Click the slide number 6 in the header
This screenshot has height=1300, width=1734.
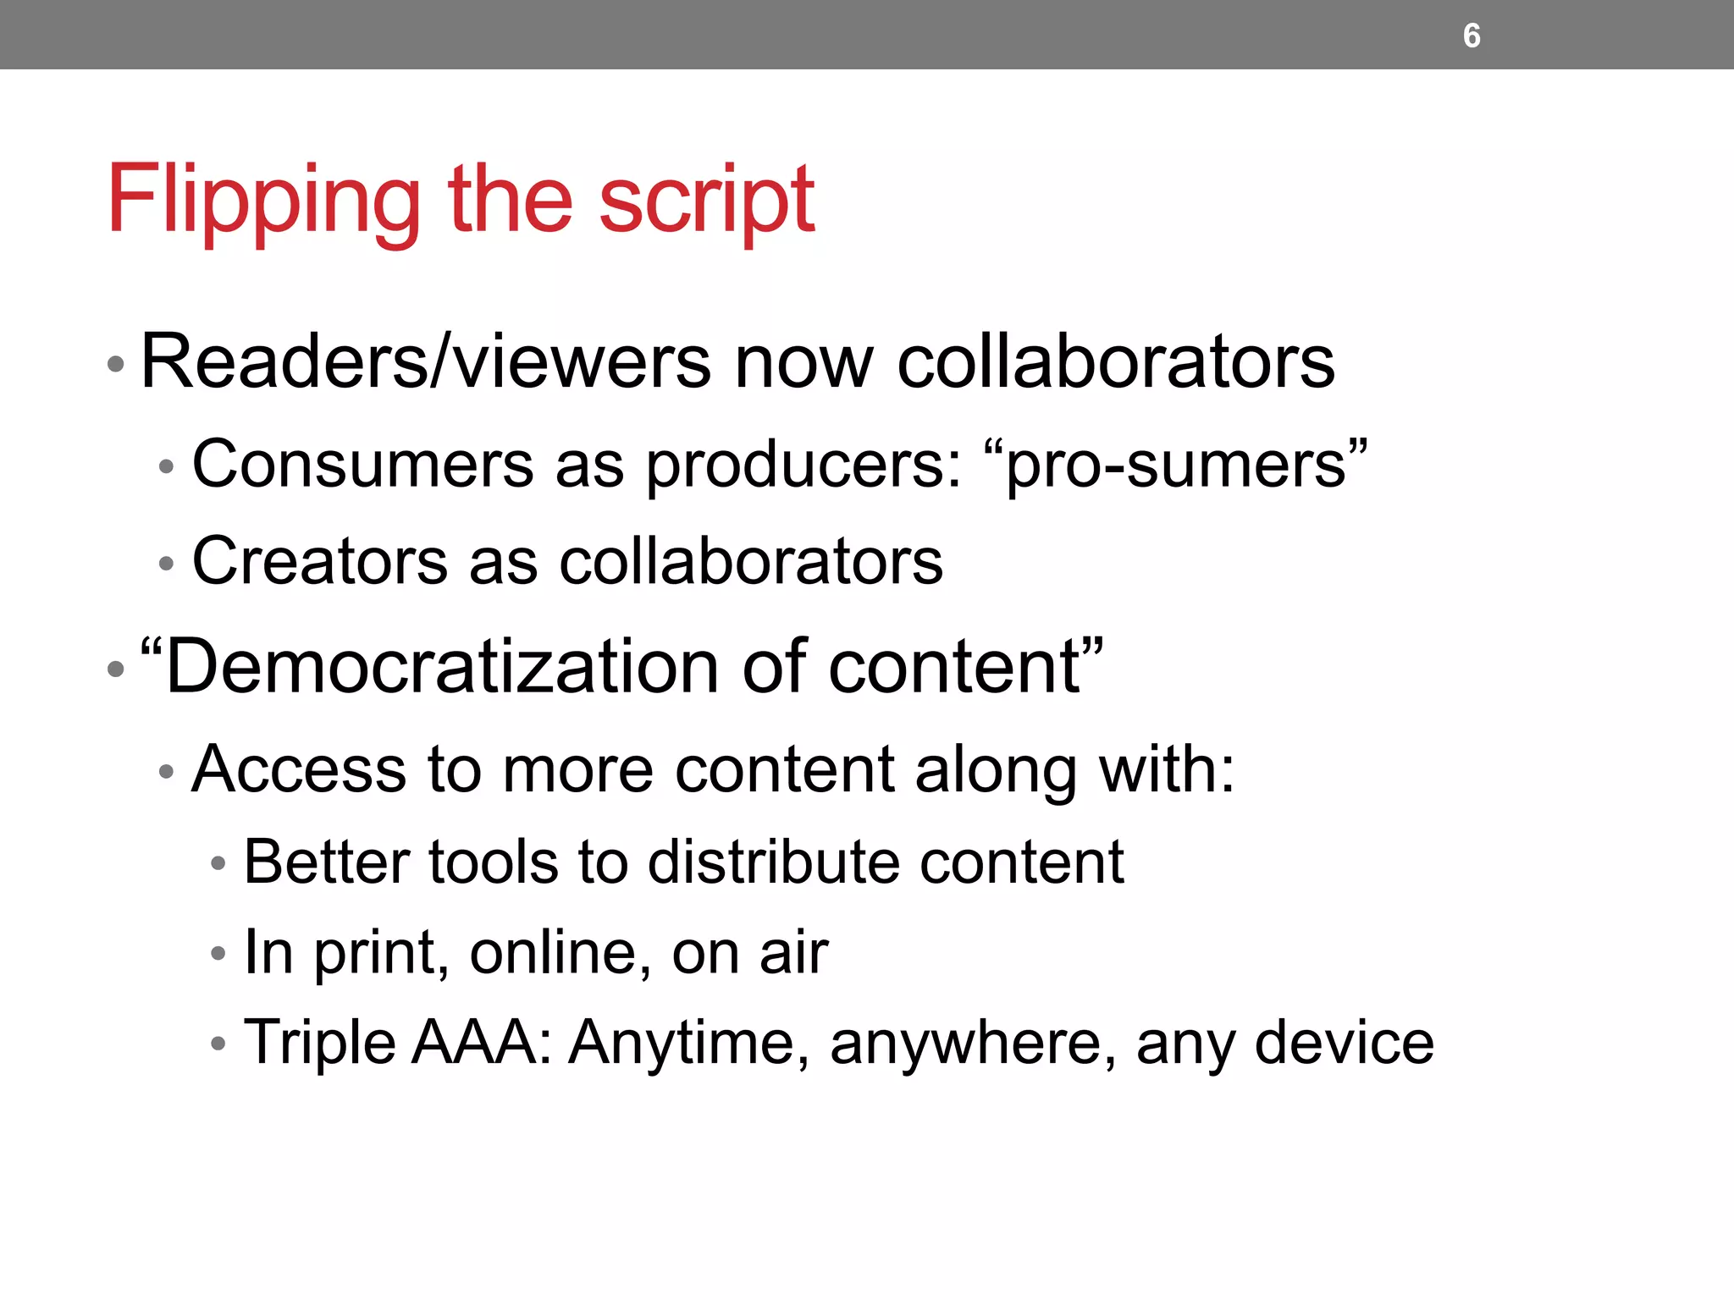click(x=1472, y=36)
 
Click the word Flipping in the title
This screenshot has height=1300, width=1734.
click(x=263, y=200)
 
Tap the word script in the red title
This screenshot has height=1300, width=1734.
click(x=707, y=200)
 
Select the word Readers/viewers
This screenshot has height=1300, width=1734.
click(x=425, y=362)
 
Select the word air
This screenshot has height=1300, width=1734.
click(x=793, y=952)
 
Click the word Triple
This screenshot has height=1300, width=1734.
click(x=319, y=1043)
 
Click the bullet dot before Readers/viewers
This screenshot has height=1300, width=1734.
click(x=116, y=365)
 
